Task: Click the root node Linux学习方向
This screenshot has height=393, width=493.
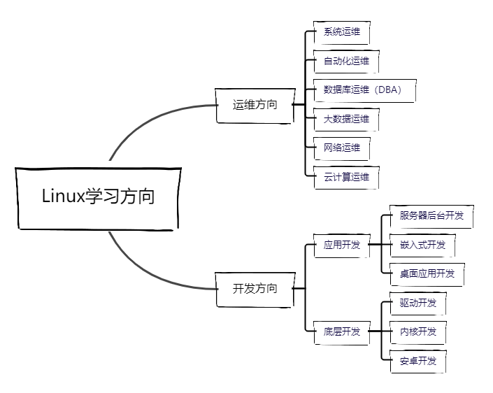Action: click(98, 197)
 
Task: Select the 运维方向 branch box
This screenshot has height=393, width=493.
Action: click(255, 106)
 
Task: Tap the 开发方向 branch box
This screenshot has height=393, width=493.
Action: click(255, 288)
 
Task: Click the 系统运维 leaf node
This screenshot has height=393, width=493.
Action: click(341, 32)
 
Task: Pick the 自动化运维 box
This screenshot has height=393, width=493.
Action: click(346, 62)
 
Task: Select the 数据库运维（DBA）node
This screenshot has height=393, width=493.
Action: click(364, 90)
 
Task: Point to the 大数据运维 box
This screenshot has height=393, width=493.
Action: click(346, 120)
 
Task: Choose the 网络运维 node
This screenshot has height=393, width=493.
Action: click(341, 148)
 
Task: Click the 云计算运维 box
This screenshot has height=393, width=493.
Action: click(346, 178)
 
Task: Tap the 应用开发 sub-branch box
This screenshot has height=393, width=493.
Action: click(342, 245)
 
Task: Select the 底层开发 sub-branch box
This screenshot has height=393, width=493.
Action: click(342, 331)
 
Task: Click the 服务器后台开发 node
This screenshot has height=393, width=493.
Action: click(431, 216)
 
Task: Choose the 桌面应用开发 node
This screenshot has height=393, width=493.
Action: click(427, 273)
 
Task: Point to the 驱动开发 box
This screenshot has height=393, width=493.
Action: click(417, 303)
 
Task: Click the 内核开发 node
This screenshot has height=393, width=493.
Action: click(417, 331)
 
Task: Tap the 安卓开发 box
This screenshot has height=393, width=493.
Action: click(417, 361)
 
